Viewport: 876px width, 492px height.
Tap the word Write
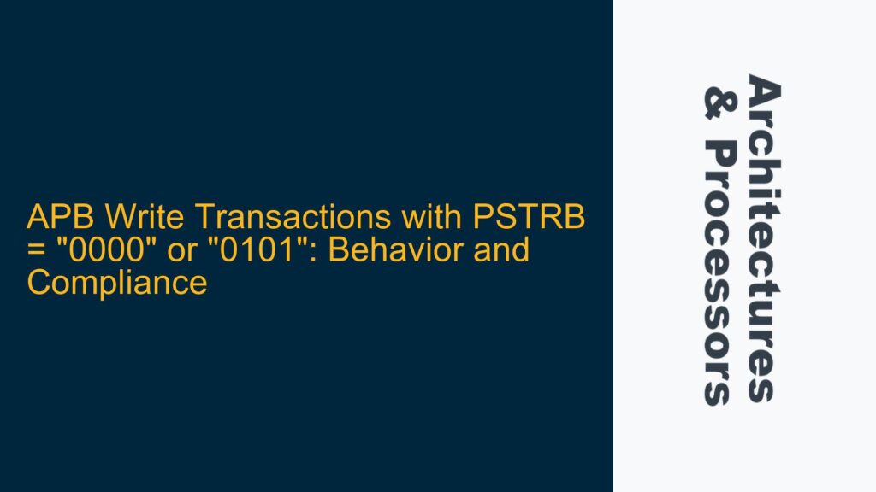coord(117,220)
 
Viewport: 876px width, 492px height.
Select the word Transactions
coord(238,220)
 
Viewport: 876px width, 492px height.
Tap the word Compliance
coord(117,283)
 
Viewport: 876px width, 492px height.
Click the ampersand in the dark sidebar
coord(717,101)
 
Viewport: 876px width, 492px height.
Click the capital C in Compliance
coord(38,283)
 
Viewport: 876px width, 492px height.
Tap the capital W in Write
coord(95,220)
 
